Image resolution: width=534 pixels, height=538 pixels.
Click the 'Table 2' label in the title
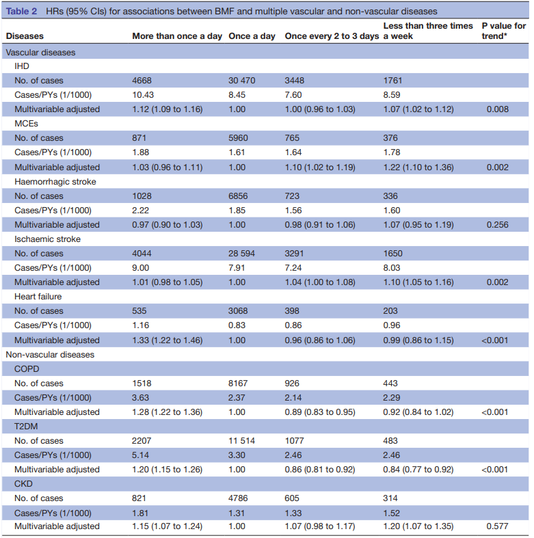coord(21,12)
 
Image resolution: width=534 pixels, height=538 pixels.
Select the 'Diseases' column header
coord(25,36)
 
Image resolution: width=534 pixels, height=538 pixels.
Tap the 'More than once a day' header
coord(177,36)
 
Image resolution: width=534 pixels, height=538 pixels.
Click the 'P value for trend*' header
coord(503,31)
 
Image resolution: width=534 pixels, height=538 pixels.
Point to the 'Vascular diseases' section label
coord(40,53)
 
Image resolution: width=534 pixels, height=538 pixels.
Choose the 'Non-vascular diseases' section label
coord(50,354)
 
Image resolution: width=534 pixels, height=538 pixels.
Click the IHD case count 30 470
coord(241,81)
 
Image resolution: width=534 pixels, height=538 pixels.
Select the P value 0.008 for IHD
coord(497,109)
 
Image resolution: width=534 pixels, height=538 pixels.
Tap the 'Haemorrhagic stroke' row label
coord(55,182)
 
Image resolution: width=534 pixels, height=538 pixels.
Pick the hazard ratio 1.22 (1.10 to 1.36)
coord(418,167)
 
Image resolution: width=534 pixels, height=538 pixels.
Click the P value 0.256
coord(497,225)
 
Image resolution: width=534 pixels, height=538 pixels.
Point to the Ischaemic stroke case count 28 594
coord(241,254)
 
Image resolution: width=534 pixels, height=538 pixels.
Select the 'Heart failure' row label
coord(38,297)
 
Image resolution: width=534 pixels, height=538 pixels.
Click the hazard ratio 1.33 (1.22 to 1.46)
coord(167,340)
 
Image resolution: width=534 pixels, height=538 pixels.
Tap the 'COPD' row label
coord(27,369)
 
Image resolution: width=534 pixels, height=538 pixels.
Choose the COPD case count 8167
coord(238,384)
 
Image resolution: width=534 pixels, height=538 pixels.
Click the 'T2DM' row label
coord(26,427)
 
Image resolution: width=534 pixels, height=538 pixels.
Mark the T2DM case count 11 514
coord(241,441)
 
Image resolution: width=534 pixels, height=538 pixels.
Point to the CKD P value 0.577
coord(497,526)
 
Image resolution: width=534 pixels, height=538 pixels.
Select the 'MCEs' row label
coord(26,124)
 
